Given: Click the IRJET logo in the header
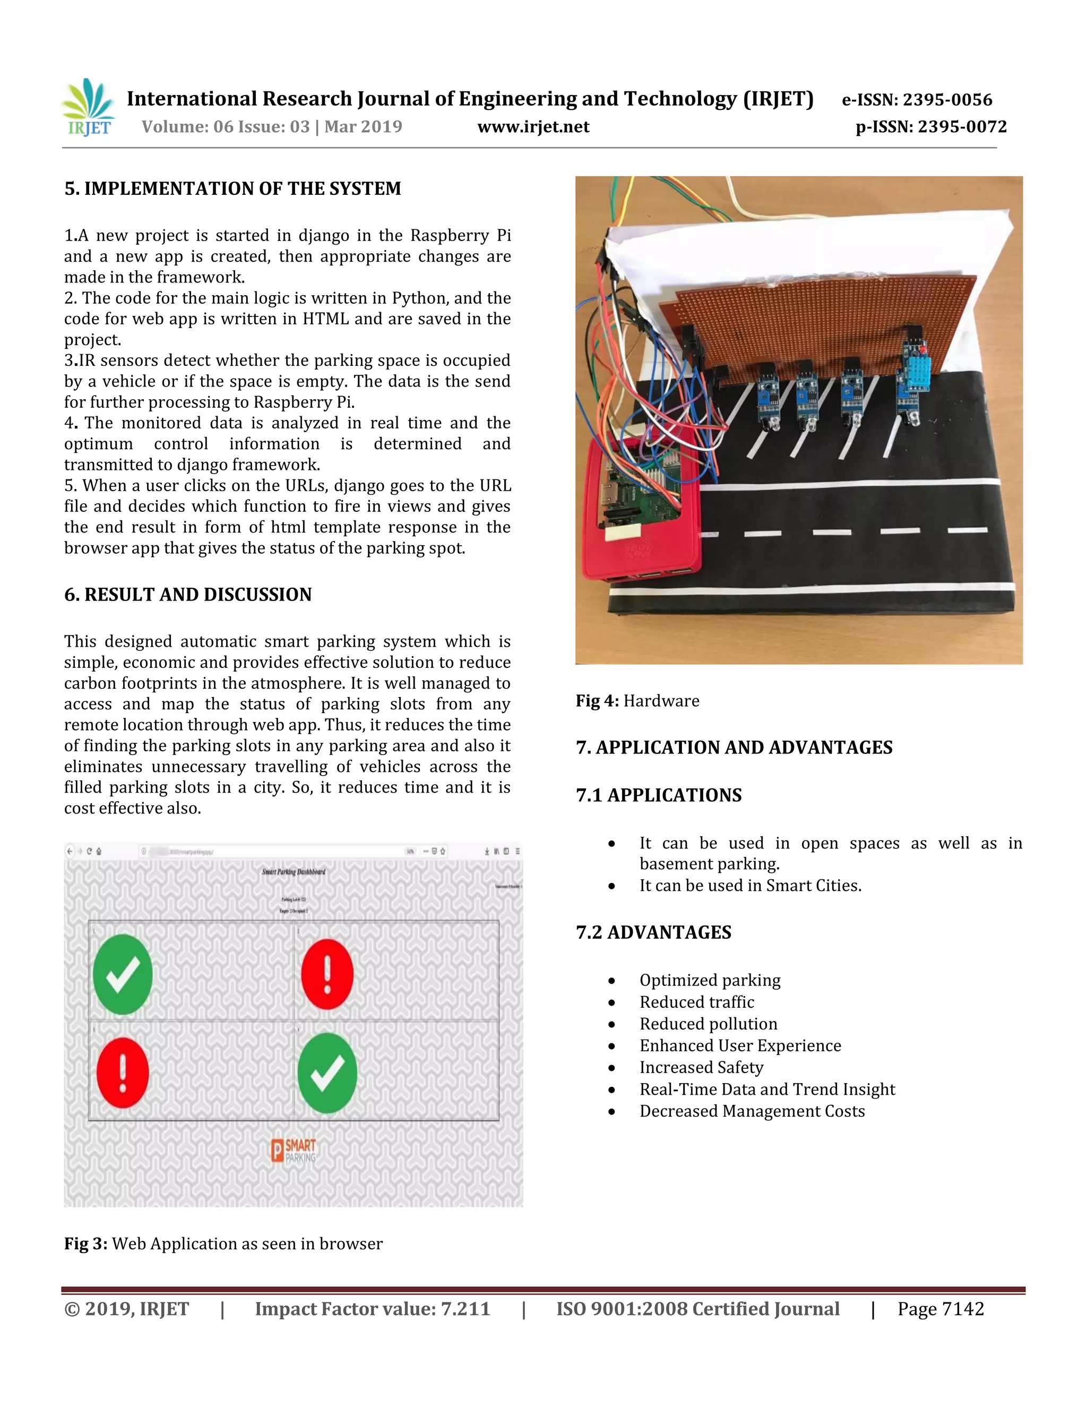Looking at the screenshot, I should pos(89,108).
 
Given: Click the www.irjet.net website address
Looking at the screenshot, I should pos(533,126).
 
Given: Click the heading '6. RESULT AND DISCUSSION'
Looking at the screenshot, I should pos(187,594).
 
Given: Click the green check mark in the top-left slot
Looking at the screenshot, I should pos(123,973).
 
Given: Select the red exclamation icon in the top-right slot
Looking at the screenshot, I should pos(327,973).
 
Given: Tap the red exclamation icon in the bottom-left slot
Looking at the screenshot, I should pos(123,1073).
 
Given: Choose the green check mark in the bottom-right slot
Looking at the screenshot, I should pos(327,1073).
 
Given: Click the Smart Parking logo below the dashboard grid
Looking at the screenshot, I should pos(294,1150).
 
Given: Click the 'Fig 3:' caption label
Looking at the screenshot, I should pos(85,1243).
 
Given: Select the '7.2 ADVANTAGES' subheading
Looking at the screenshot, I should pos(653,932).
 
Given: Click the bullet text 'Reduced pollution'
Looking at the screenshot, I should pos(709,1024).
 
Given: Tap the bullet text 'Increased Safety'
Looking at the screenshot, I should pos(701,1068).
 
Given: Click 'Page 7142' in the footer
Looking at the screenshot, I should pos(941,1309).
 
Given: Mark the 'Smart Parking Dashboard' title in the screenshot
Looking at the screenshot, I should pos(294,872).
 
